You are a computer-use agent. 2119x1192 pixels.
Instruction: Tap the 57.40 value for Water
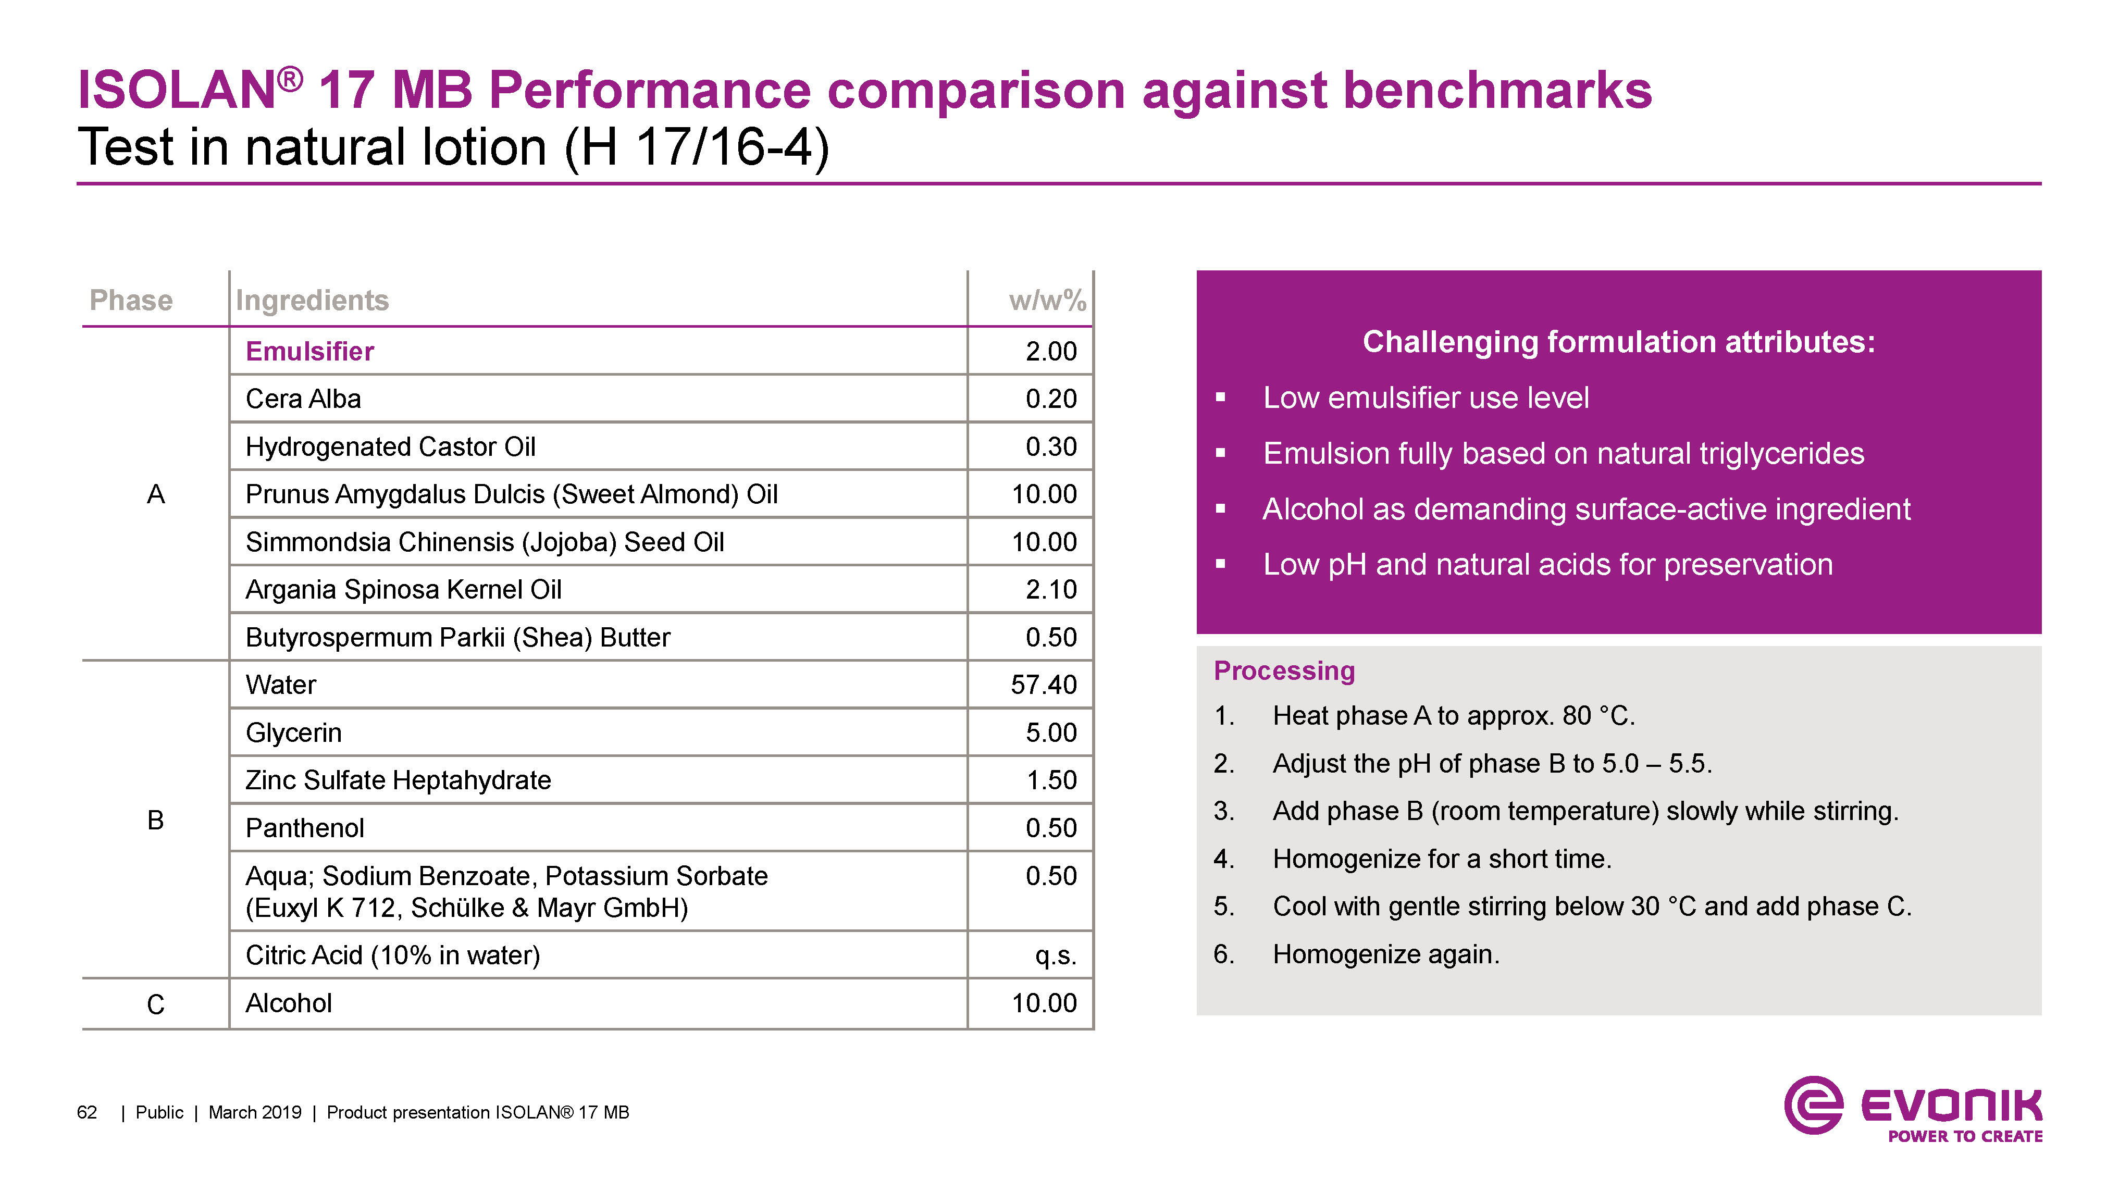coord(1043,685)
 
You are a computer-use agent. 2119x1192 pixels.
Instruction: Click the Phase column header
coord(131,300)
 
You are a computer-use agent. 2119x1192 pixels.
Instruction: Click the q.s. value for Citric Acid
coord(1056,955)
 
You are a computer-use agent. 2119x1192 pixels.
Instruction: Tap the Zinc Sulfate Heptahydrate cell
coord(398,780)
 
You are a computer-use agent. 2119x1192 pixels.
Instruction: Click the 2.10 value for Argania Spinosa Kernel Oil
coord(1050,589)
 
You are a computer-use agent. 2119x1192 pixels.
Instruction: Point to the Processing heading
coord(1284,670)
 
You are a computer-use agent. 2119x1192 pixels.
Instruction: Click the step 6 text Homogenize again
coord(1386,954)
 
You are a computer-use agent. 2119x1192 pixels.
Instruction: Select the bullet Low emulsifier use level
coord(1426,398)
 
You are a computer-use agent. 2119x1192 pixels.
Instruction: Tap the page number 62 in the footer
coord(87,1112)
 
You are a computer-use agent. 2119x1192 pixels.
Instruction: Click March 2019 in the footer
coord(255,1112)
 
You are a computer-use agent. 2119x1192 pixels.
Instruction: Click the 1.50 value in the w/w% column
coord(1050,780)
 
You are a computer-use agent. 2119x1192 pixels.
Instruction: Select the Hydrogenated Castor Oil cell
coord(391,446)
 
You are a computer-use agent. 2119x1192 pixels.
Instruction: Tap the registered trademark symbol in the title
coord(290,79)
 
